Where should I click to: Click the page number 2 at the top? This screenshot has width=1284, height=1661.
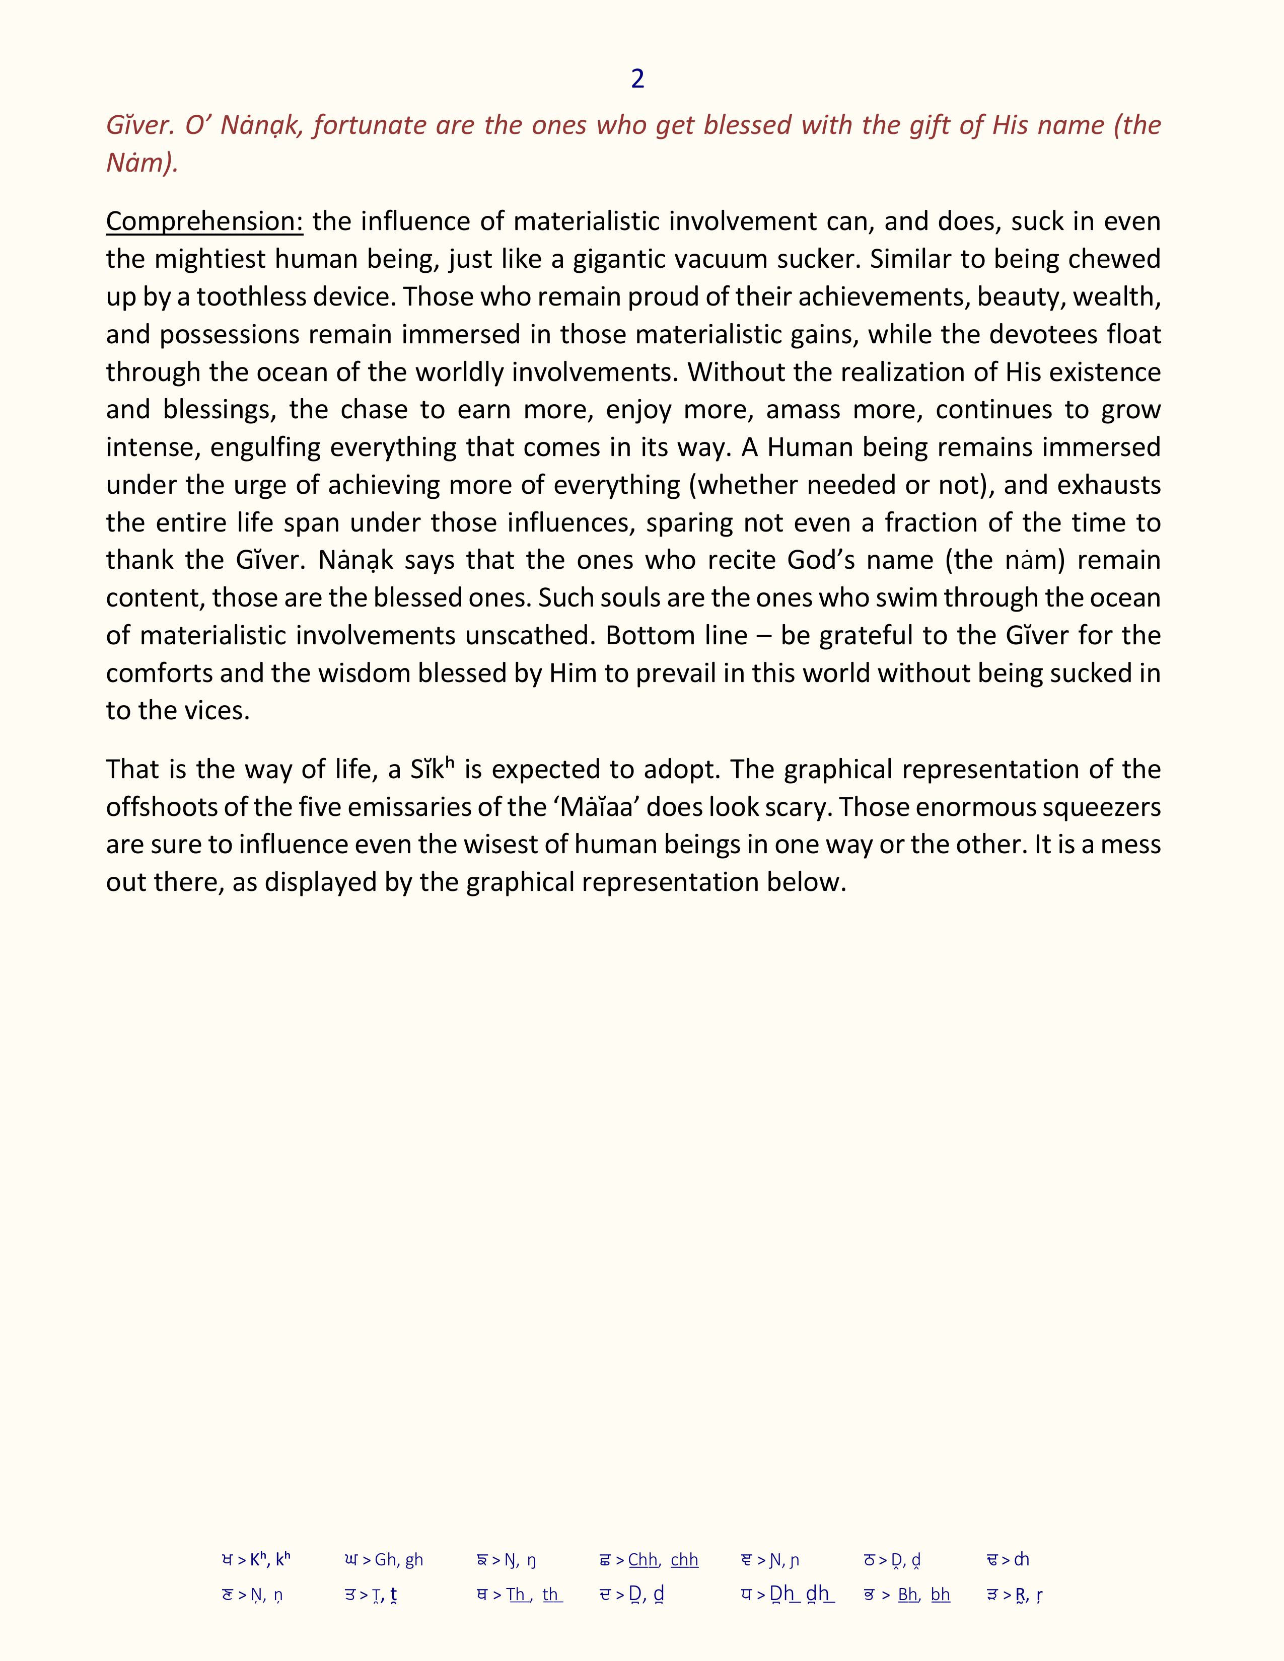coord(637,79)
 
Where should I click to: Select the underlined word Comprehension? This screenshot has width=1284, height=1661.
coord(204,221)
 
